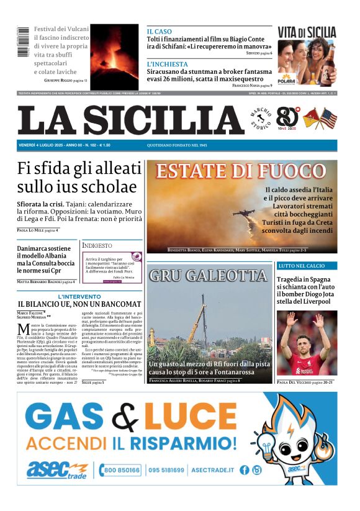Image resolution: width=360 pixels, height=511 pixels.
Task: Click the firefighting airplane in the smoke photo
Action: point(246,214)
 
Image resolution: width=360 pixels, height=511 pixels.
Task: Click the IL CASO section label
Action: point(160,31)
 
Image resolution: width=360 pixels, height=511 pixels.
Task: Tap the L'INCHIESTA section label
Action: point(167,64)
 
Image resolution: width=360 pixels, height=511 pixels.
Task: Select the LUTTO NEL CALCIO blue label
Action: point(301,266)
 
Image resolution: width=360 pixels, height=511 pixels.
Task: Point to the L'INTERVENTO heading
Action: point(79,297)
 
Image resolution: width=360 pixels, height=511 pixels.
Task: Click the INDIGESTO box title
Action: point(97,246)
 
